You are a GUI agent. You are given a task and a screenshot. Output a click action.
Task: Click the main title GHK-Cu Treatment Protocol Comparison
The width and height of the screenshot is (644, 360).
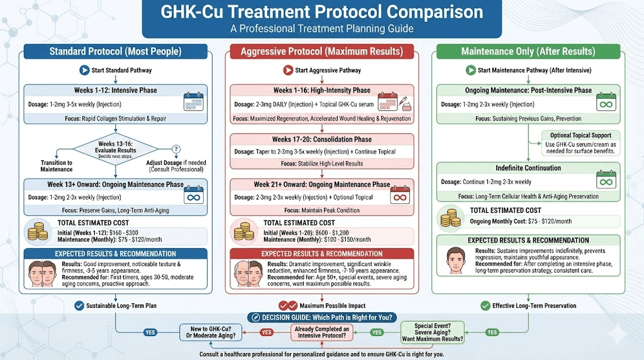[x=321, y=12]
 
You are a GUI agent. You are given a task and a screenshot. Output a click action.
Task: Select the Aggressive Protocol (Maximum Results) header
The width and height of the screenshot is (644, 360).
[x=322, y=52]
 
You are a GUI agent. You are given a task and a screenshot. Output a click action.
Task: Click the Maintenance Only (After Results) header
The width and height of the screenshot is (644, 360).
[x=528, y=52]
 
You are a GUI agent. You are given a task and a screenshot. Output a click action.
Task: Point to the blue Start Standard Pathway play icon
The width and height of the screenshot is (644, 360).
[x=84, y=70]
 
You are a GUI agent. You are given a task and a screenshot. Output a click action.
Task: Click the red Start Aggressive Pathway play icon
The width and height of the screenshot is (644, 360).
[x=288, y=70]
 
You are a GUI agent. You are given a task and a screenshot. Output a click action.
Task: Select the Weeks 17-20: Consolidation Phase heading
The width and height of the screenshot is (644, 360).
[x=322, y=139]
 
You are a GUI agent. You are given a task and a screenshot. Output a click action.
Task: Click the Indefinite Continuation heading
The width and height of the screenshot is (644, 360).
[x=528, y=168]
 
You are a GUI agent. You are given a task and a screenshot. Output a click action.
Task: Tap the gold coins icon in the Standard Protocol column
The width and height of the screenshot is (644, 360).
[x=38, y=231]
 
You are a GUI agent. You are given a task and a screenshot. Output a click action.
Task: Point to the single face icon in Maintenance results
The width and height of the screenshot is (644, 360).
[x=455, y=259]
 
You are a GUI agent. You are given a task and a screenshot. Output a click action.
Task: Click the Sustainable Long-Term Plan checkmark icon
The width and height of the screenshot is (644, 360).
[x=79, y=306]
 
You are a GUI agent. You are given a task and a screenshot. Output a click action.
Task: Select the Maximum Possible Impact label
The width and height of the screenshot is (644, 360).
[x=332, y=306]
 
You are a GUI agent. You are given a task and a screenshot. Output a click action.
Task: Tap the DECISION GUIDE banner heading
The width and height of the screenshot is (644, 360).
[x=321, y=318]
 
